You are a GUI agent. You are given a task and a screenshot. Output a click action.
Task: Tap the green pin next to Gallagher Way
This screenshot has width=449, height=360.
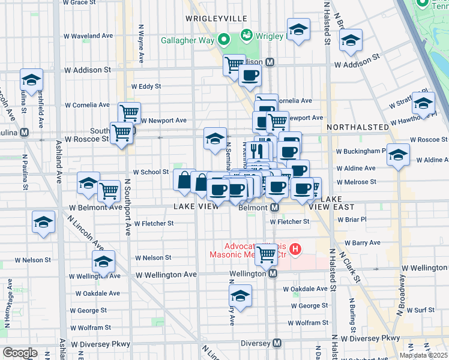click(224, 41)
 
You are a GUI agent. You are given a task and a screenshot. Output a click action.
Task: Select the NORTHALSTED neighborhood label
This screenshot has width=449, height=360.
click(358, 127)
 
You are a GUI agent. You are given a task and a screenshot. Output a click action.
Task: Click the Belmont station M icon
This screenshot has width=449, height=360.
click(274, 208)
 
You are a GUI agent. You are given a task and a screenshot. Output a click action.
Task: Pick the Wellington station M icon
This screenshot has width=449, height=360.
click(273, 274)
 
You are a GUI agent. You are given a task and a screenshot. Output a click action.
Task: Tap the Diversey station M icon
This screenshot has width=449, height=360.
click(277, 343)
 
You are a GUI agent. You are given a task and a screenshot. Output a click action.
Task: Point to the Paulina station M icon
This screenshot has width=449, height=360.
click(25, 133)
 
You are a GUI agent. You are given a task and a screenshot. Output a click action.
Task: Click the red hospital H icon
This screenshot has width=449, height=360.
click(295, 248)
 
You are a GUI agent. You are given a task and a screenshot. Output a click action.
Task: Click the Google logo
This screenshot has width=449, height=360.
click(20, 353)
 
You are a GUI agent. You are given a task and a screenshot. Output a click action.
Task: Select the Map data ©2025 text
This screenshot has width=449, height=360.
click(423, 355)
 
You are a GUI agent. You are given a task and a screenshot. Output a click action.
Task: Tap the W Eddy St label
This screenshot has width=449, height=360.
click(146, 86)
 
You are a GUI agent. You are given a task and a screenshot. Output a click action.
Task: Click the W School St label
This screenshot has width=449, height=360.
click(151, 172)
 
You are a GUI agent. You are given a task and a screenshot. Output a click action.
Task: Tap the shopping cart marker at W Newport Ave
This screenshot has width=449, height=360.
click(129, 112)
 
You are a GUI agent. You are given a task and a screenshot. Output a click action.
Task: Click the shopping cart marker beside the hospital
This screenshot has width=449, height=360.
click(266, 254)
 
